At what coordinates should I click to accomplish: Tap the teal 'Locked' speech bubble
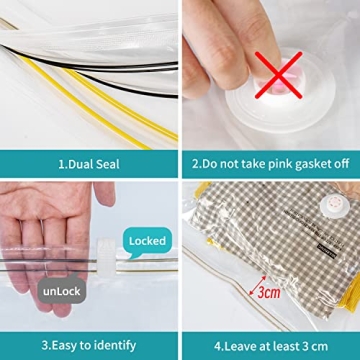(x=147, y=241)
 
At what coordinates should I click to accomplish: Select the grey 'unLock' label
(x=61, y=291)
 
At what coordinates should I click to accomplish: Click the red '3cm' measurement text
(x=268, y=294)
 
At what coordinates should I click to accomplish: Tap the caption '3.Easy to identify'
(x=88, y=345)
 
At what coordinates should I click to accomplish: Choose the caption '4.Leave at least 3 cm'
(x=271, y=345)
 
